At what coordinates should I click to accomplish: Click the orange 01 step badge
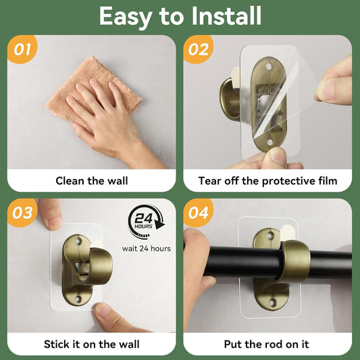(x=22, y=49)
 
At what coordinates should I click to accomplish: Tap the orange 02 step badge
(x=198, y=49)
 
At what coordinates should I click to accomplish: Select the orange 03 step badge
(x=22, y=213)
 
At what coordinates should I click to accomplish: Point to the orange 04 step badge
(x=198, y=213)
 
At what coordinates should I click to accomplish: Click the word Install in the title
(x=226, y=16)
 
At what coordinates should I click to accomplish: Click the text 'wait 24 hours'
(x=147, y=249)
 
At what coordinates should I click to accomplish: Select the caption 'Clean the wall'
(x=92, y=181)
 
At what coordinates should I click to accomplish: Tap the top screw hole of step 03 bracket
(x=79, y=241)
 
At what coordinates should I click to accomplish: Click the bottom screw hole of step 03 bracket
(x=79, y=299)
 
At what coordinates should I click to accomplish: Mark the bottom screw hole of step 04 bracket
(x=272, y=303)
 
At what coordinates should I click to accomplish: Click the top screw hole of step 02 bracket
(x=269, y=67)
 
